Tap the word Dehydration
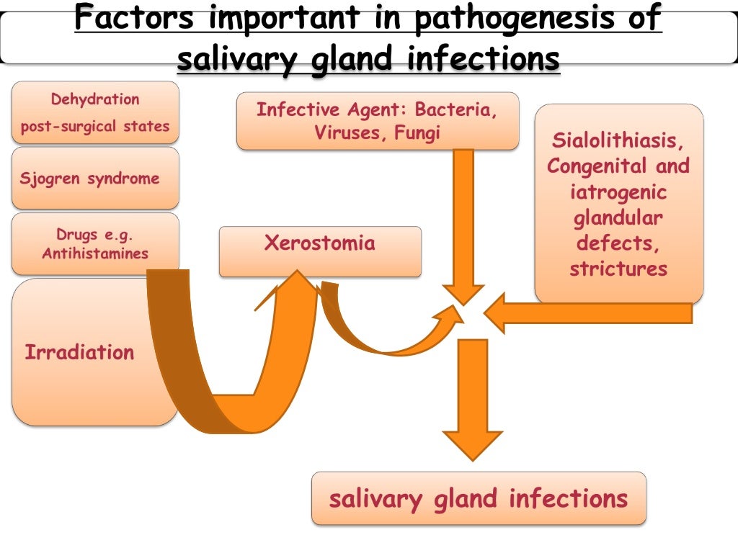(95, 99)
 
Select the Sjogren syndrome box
(95, 179)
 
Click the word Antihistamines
(95, 253)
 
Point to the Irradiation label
(79, 353)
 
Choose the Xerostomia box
(320, 251)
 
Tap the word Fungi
(417, 133)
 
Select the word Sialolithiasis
(618, 139)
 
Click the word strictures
(618, 269)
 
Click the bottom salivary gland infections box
(479, 498)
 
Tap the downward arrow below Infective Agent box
(463, 223)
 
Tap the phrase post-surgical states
(95, 127)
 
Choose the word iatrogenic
(618, 192)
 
